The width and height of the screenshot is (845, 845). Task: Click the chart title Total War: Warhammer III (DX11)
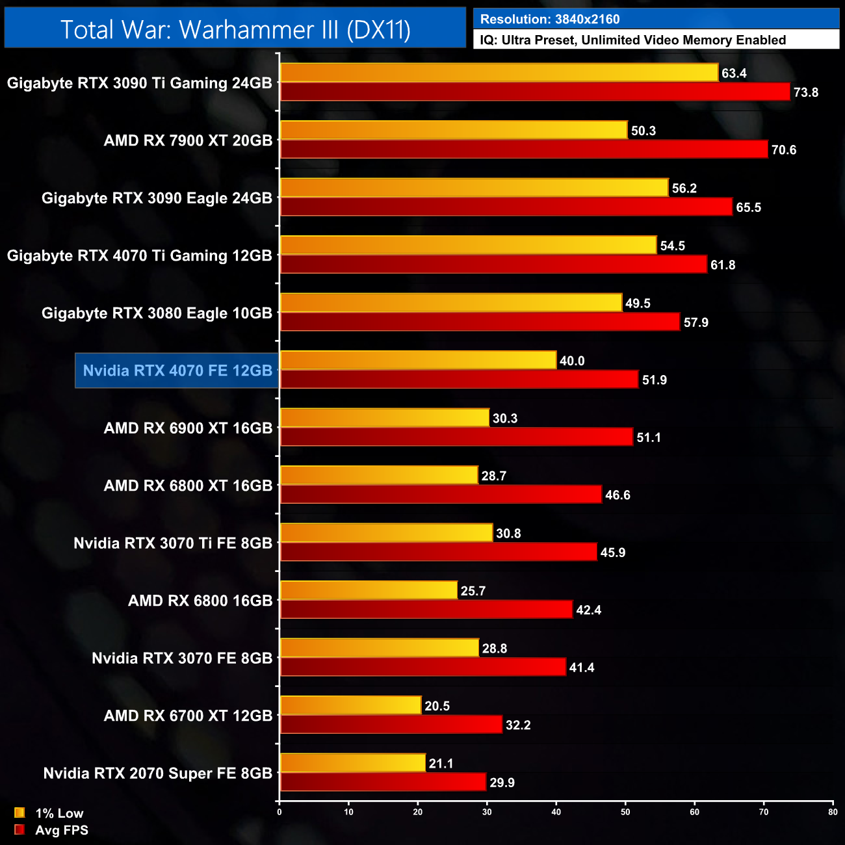coord(235,30)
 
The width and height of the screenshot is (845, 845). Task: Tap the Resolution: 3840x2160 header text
coord(550,19)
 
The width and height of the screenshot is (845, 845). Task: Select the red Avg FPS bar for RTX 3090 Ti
coord(535,92)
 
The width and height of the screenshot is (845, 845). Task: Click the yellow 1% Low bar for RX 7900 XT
coord(454,131)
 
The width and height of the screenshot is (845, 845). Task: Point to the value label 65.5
coord(748,208)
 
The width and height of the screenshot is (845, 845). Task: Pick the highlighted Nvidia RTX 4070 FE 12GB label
coord(177,370)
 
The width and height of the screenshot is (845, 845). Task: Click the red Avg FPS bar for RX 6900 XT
coord(456,437)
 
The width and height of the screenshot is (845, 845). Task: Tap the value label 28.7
coord(493,476)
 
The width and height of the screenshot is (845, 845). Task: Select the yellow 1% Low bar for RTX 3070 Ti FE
coord(386,533)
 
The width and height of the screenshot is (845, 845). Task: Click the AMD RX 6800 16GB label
coord(200,601)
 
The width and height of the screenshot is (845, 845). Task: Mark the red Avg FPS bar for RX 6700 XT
coord(391,725)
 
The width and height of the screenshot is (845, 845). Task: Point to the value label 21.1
coord(441,764)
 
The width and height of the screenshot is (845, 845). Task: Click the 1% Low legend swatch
coord(19,812)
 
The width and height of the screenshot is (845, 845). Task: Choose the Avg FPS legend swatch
coord(19,830)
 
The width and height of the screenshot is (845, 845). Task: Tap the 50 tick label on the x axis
coord(625,812)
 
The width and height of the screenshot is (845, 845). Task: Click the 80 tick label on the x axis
coord(833,812)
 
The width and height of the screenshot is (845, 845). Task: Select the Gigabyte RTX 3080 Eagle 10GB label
coord(157,313)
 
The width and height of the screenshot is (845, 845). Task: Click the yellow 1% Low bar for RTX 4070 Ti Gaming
coord(468,246)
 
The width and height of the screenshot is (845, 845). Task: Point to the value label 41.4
coord(581,668)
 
